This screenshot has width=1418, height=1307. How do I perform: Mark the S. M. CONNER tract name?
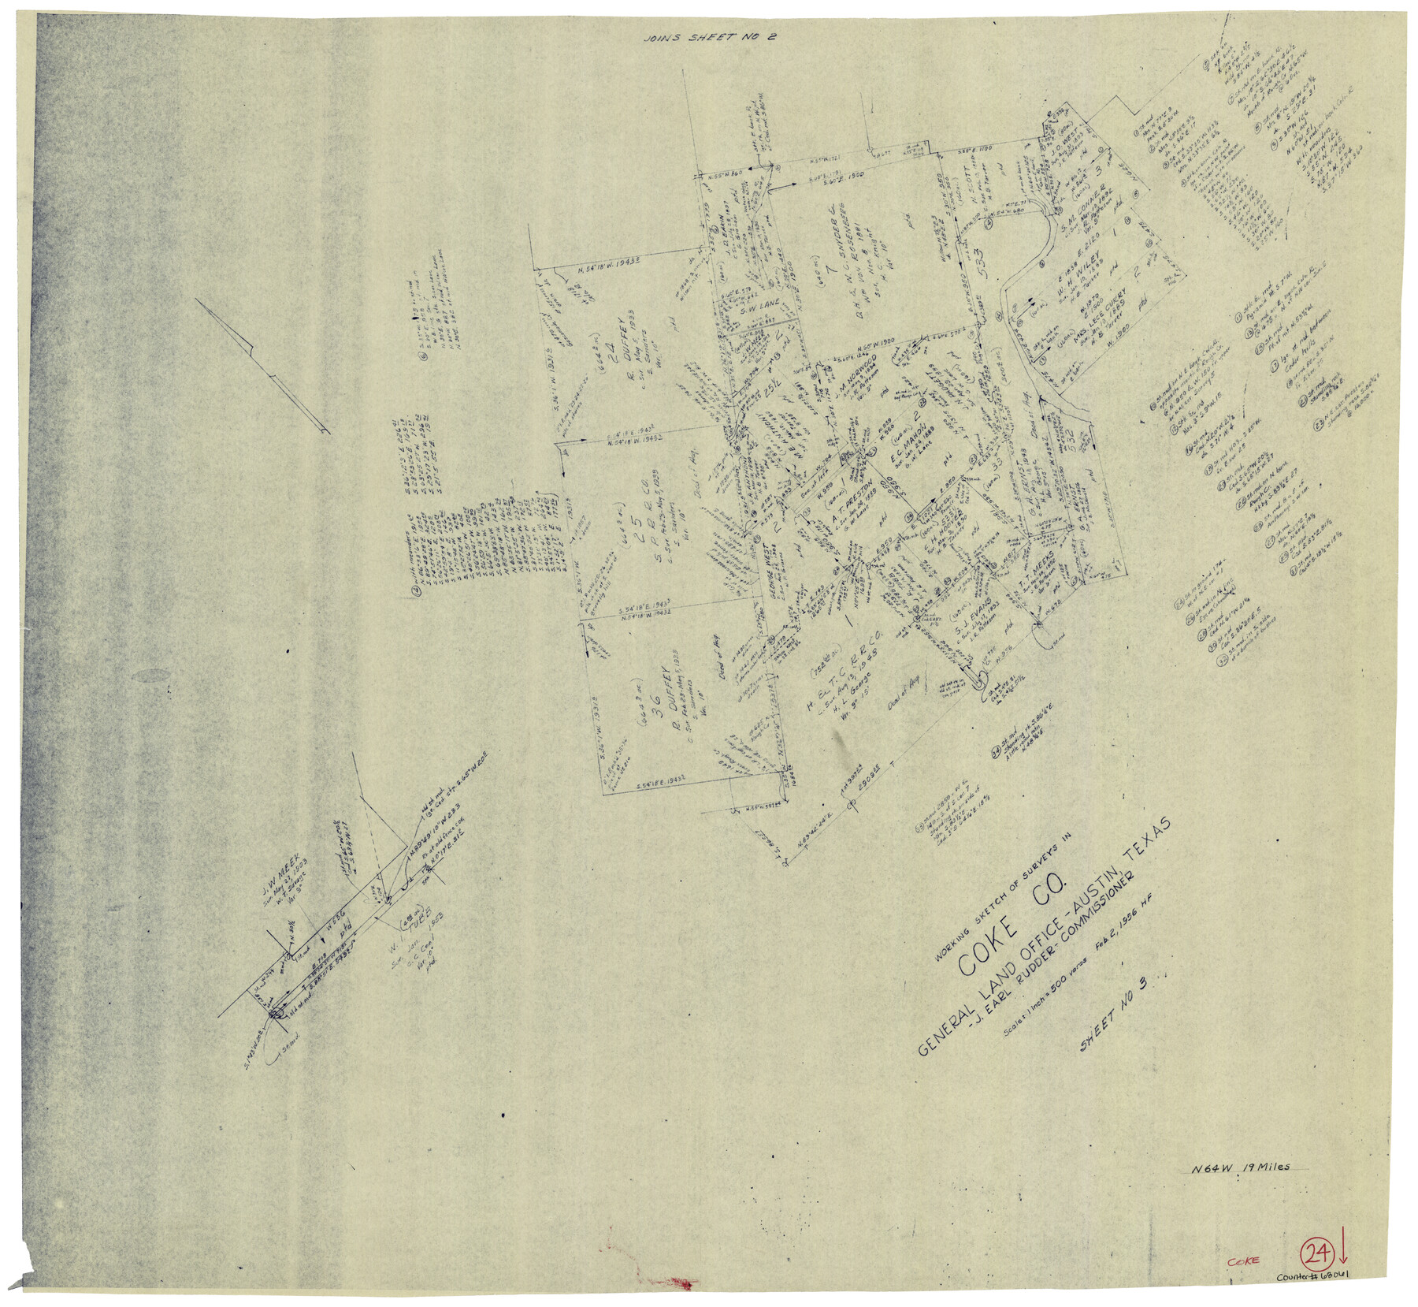coord(1082,207)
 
